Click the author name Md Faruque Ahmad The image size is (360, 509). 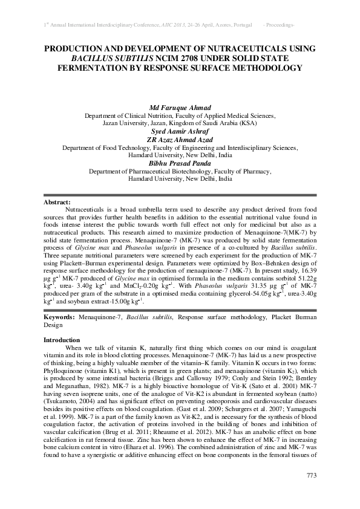[x=180, y=107]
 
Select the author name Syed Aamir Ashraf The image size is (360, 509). [x=180, y=130]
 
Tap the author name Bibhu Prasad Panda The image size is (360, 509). [x=180, y=163]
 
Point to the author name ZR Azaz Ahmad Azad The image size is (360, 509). [x=180, y=138]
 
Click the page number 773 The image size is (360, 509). [x=312, y=475]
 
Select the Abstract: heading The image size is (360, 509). [x=57, y=201]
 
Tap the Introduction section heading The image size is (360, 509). [x=62, y=340]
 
